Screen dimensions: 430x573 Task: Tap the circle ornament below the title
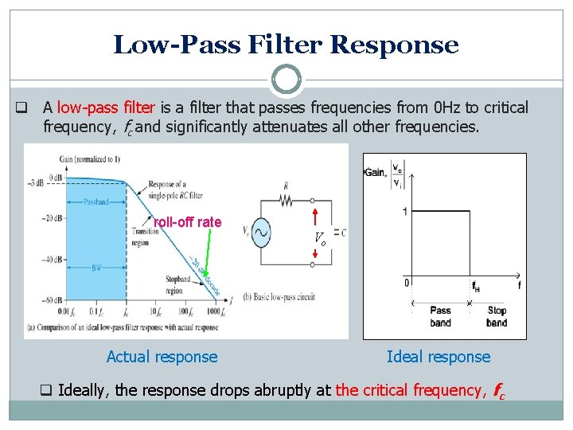point(286,80)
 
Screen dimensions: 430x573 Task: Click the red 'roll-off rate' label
point(188,222)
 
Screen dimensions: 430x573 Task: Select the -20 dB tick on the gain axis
point(52,217)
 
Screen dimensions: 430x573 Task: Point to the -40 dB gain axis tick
point(52,260)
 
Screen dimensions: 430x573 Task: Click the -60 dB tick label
point(52,300)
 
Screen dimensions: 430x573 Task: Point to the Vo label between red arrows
point(319,237)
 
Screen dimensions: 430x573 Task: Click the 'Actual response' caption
point(162,357)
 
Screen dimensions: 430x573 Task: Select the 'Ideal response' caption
point(439,357)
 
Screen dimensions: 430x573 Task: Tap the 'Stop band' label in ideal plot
point(497,316)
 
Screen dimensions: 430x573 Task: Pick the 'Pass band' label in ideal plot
point(440,316)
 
